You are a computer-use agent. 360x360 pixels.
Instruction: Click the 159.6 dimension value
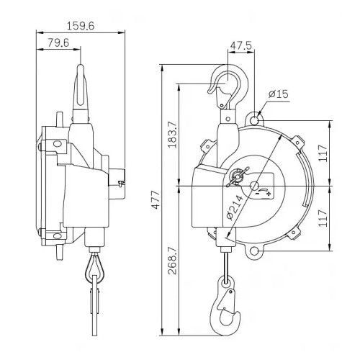[81, 26]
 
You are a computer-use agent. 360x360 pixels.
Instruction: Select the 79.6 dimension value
[58, 43]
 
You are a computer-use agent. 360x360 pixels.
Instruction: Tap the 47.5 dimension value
[240, 45]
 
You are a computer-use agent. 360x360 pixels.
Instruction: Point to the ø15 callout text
[279, 94]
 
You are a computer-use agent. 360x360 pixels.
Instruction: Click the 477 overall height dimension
[156, 199]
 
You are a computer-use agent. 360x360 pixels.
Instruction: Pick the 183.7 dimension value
[172, 135]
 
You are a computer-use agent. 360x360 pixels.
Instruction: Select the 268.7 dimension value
[172, 261]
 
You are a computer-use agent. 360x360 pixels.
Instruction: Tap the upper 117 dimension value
[323, 153]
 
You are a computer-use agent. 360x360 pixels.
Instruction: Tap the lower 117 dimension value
[323, 218]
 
